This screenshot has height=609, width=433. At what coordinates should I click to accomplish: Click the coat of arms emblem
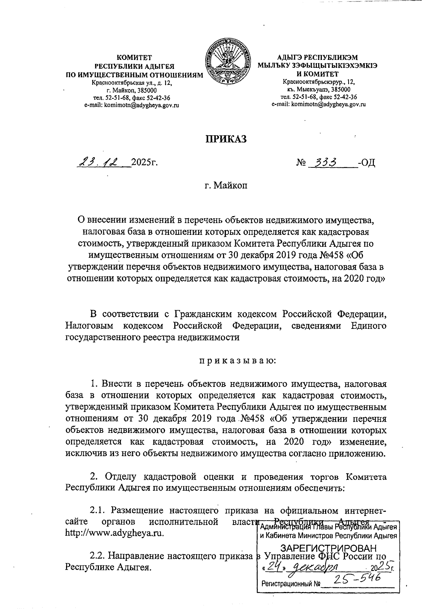[x=227, y=64]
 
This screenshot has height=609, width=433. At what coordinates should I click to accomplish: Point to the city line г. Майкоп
[x=226, y=186]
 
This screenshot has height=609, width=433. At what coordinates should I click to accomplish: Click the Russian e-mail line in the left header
[x=132, y=105]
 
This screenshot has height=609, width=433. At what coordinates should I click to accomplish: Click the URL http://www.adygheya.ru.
[x=115, y=533]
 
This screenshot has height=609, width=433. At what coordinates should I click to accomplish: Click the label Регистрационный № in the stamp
[x=291, y=583]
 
